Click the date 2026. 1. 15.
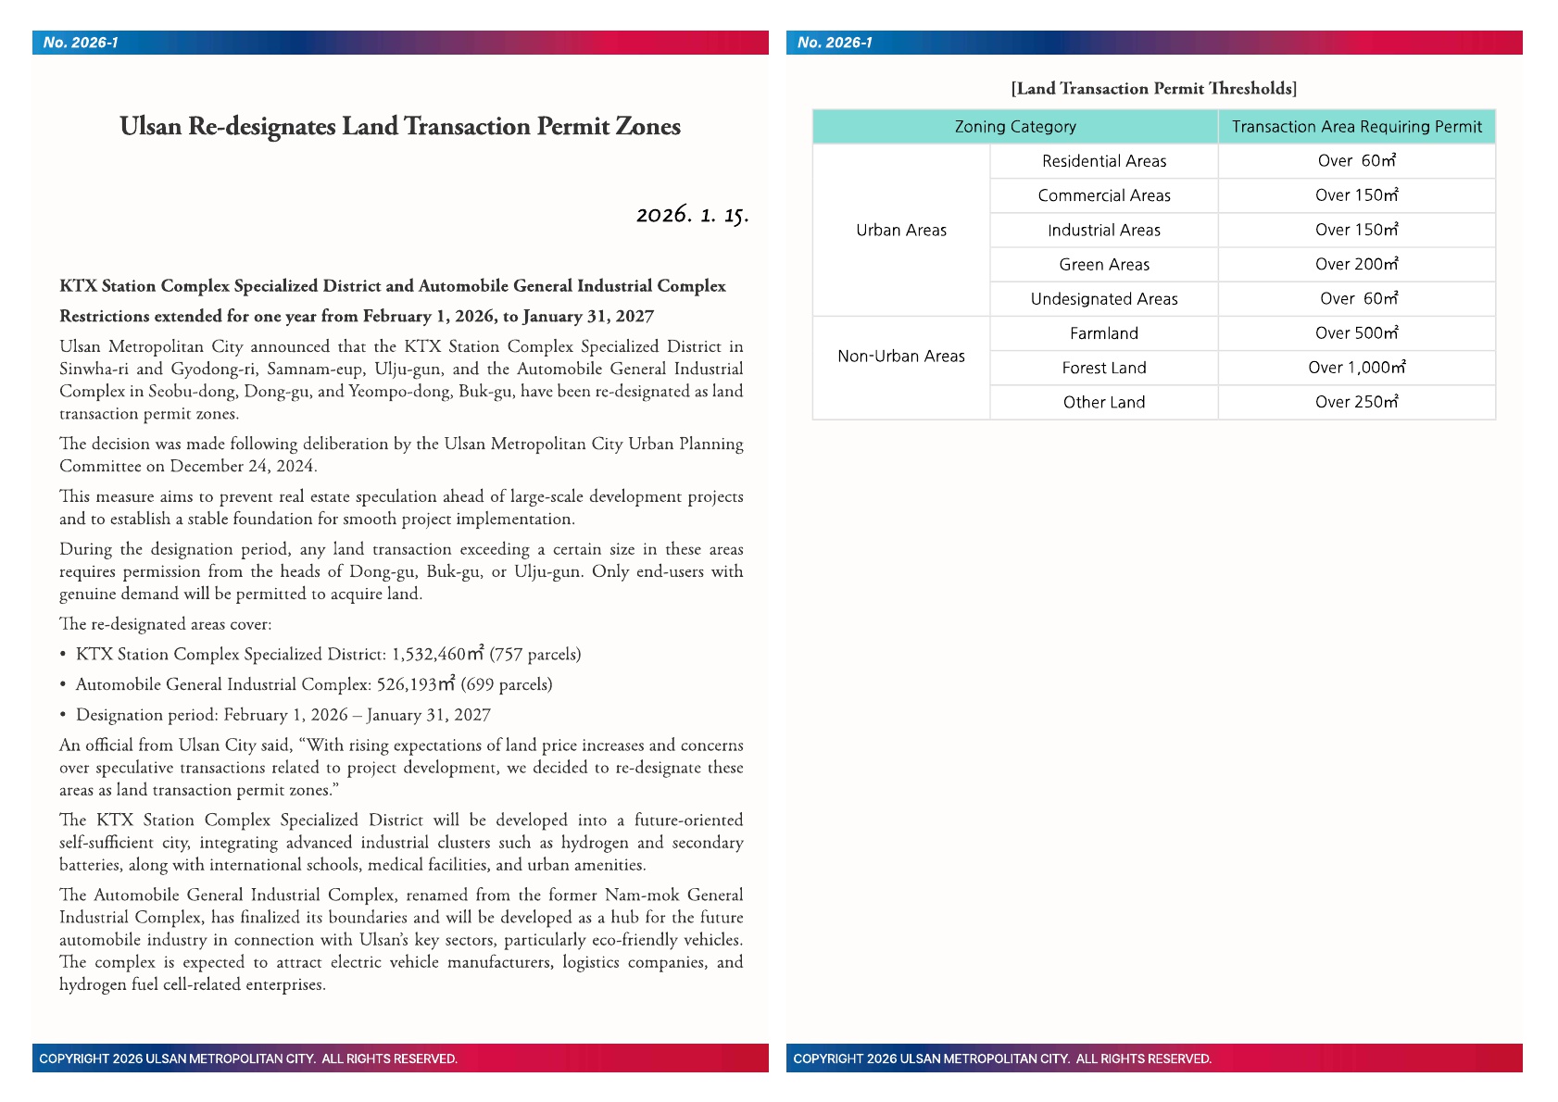pos(692,215)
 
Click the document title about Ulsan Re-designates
pos(400,127)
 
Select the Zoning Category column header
pos(1015,127)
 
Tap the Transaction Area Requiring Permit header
pos(1356,127)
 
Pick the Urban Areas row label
pos(901,231)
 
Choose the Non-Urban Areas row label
pos(901,357)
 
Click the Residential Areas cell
pos(1104,161)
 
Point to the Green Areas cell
pos(1104,265)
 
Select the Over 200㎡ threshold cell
pos(1356,265)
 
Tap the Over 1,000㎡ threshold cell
pos(1356,368)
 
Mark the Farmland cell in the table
pos(1104,333)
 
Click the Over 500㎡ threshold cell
pos(1356,333)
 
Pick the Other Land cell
pos(1104,403)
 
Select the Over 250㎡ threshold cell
pos(1356,403)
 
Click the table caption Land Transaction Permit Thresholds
pos(1153,89)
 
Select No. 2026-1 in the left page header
pos(81,43)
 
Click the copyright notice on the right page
pos(1002,1058)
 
